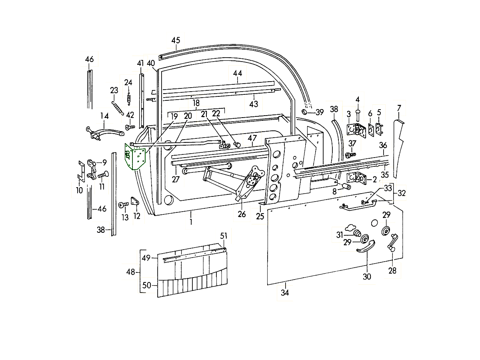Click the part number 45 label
[x=176, y=40]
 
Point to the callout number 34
[x=285, y=293]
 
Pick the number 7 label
[x=399, y=108]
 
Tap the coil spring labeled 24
[x=129, y=97]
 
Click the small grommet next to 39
[x=305, y=112]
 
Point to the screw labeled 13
[x=123, y=205]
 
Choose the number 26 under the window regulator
[x=242, y=214]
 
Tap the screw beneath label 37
[x=349, y=154]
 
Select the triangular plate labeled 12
[x=134, y=202]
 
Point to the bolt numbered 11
[x=103, y=174]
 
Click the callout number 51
[x=223, y=236]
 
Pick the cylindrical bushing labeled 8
[x=346, y=186]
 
